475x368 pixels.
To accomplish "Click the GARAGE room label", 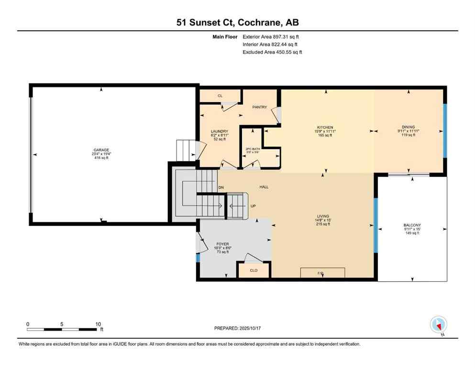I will click(x=101, y=150).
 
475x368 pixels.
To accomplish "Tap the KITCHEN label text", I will click(x=328, y=127).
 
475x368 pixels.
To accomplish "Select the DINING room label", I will click(x=408, y=127).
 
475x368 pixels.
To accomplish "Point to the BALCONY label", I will click(x=412, y=225).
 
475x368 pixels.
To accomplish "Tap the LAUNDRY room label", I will click(x=220, y=131).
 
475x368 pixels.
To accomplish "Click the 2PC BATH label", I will click(x=252, y=149).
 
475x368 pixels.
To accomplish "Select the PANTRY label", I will click(x=259, y=107).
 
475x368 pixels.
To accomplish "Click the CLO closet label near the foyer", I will click(x=254, y=270).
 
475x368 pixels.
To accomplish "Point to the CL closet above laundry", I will click(x=220, y=96).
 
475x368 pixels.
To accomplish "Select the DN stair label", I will click(x=221, y=187).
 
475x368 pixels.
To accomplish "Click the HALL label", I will click(x=264, y=187).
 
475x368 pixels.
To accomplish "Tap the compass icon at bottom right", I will click(x=438, y=325).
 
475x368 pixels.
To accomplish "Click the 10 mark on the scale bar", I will click(x=98, y=324).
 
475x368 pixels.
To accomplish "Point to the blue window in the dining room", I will click(x=444, y=130).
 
